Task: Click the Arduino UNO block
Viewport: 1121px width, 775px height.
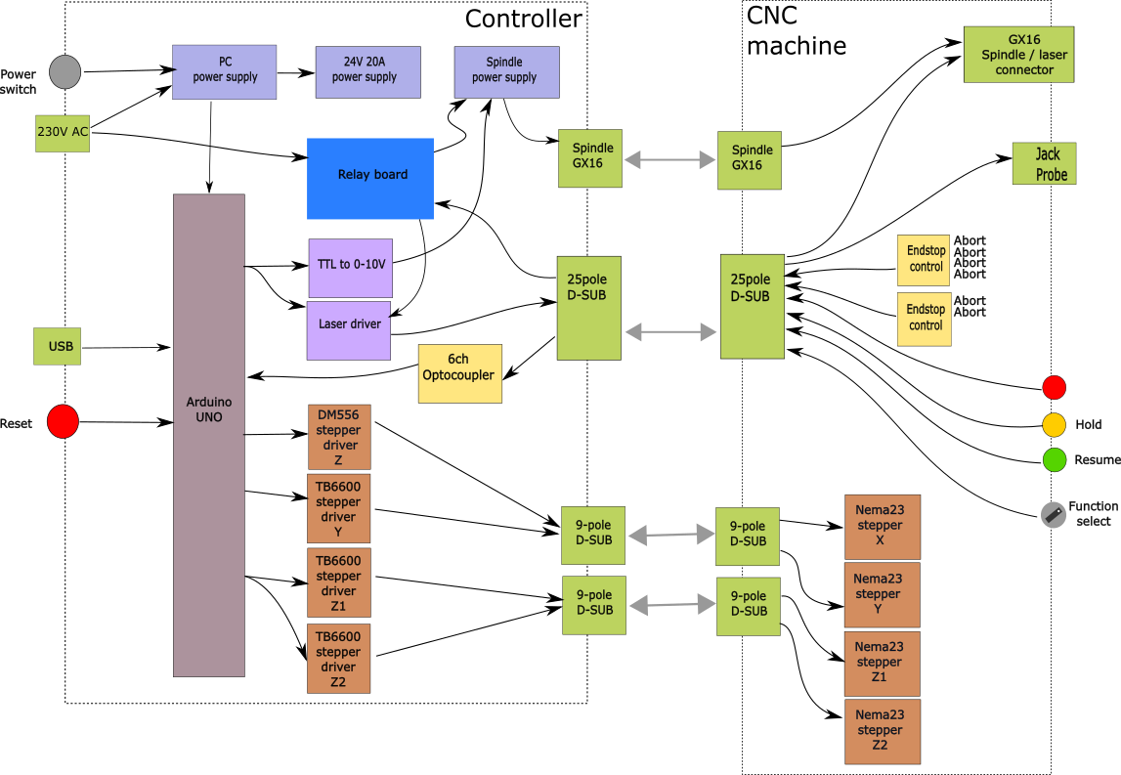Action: point(208,435)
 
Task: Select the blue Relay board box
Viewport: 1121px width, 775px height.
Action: point(369,179)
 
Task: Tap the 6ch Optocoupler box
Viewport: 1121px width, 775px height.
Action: point(459,373)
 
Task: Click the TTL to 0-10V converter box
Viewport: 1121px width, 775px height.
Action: point(350,268)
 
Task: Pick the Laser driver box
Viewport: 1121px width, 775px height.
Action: point(348,330)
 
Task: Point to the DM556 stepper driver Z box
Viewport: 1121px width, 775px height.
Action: point(338,438)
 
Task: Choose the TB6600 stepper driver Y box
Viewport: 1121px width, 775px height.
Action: point(338,509)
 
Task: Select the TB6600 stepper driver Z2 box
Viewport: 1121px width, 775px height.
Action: point(338,660)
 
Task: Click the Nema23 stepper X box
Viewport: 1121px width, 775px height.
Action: point(882,527)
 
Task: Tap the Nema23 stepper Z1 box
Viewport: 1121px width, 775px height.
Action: point(882,663)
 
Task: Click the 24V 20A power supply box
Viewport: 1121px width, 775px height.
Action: point(367,72)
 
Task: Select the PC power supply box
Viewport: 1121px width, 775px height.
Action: point(224,72)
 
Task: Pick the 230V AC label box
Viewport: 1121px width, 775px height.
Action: point(63,132)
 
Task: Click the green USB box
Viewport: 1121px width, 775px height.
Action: point(57,346)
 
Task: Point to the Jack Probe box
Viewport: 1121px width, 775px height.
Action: point(1044,163)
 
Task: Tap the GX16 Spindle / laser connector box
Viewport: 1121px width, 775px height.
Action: point(1018,55)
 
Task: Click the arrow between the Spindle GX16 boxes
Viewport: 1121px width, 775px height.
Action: point(669,159)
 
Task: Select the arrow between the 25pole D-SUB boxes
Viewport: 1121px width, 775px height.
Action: point(670,332)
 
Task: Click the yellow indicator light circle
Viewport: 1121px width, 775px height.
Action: point(1054,425)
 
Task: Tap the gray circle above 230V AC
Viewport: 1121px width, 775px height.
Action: point(65,72)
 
